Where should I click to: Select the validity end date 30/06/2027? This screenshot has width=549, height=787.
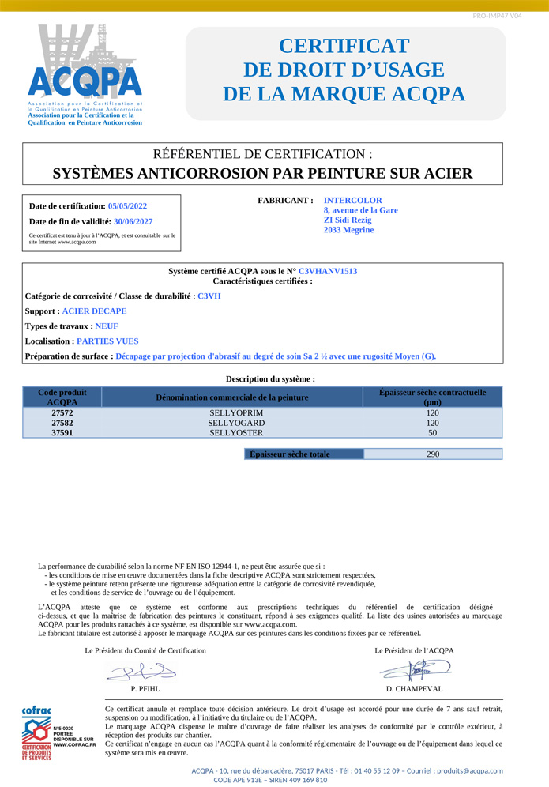pyautogui.click(x=133, y=222)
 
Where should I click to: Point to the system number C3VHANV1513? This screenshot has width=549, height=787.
pyautogui.click(x=328, y=271)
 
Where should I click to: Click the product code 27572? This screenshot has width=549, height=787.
pyautogui.click(x=62, y=412)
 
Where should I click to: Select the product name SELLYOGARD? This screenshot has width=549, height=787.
pyautogui.click(x=231, y=423)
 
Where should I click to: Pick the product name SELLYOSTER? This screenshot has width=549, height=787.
pyautogui.click(x=231, y=433)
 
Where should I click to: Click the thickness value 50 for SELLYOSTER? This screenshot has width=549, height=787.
pyautogui.click(x=432, y=433)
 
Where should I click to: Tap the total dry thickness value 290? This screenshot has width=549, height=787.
pyautogui.click(x=432, y=454)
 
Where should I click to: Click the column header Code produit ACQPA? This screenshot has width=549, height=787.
pyautogui.click(x=62, y=397)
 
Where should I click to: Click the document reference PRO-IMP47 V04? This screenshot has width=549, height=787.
pyautogui.click(x=497, y=16)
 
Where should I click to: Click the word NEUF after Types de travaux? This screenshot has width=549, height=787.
pyautogui.click(x=107, y=326)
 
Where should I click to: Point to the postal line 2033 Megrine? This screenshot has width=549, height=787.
pyautogui.click(x=348, y=230)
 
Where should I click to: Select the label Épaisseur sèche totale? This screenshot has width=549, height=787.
pyautogui.click(x=289, y=454)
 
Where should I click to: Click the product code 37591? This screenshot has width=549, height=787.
pyautogui.click(x=62, y=433)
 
